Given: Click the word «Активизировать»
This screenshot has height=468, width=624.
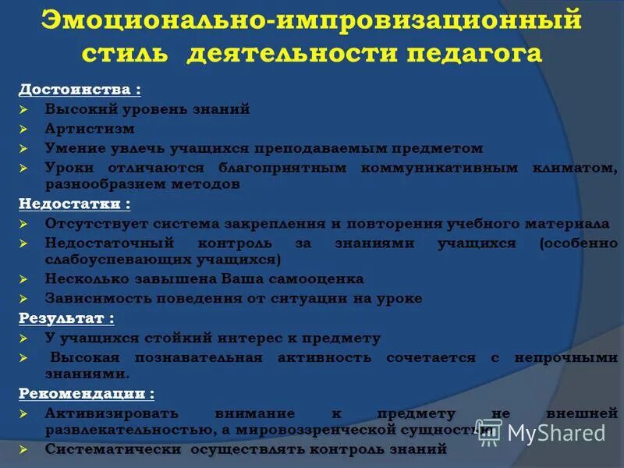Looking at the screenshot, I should (x=112, y=413).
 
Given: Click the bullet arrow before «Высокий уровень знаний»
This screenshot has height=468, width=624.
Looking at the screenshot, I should (x=24, y=110).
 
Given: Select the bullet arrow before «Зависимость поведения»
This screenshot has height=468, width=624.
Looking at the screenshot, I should (x=24, y=299).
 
